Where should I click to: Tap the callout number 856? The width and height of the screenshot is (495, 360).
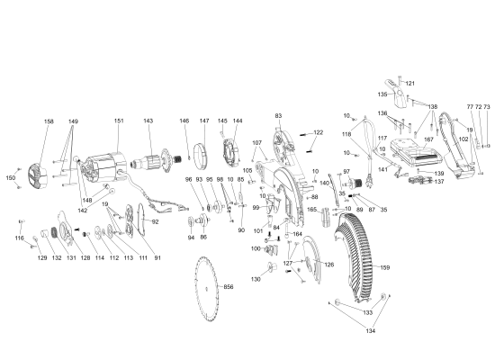pyautogui.click(x=229, y=286)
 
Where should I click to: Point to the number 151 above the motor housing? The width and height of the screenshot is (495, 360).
pyautogui.click(x=119, y=121)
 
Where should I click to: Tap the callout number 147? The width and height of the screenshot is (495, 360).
pyautogui.click(x=203, y=121)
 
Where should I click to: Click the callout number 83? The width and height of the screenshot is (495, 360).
pyautogui.click(x=279, y=116)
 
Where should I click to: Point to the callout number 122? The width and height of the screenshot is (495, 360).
pyautogui.click(x=317, y=132)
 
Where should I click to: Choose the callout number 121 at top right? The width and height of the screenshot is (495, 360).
pyautogui.click(x=409, y=84)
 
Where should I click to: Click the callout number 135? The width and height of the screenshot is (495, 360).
pyautogui.click(x=382, y=94)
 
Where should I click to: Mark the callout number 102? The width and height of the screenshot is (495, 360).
pyautogui.click(x=463, y=139)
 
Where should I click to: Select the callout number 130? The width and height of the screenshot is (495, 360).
pyautogui.click(x=256, y=280)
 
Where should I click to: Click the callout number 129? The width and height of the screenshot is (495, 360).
pyautogui.click(x=41, y=258)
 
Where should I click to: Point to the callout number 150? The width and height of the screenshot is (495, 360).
pyautogui.click(x=11, y=178)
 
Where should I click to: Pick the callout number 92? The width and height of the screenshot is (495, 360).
pyautogui.click(x=155, y=220)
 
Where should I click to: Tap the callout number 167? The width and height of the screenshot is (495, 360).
pyautogui.click(x=428, y=139)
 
